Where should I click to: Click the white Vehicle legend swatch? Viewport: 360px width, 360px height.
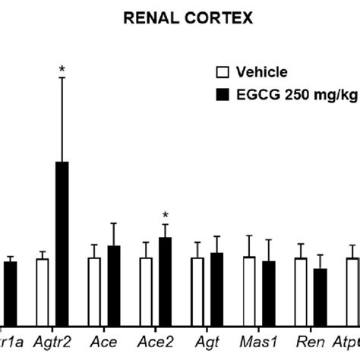point(223,73)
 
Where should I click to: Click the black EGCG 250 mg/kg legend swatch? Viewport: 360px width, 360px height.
point(223,94)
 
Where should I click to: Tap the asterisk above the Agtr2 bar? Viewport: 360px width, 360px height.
point(62,70)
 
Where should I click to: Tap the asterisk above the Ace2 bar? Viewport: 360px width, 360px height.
point(165,215)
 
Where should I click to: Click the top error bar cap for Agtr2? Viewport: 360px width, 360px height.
point(62,77)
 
